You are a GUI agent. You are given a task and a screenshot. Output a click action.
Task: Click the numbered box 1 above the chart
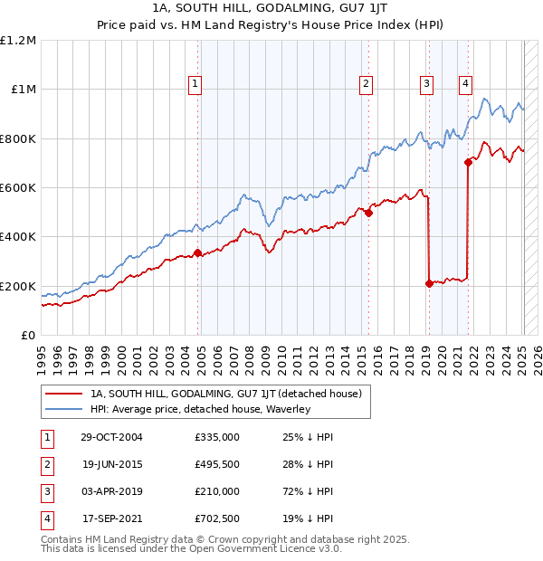tap(195, 84)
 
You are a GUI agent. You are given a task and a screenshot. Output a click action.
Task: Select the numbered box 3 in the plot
tap(426, 84)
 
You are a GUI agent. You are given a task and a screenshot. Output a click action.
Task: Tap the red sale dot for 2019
tap(429, 283)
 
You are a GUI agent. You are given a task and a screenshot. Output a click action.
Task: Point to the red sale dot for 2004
tap(198, 253)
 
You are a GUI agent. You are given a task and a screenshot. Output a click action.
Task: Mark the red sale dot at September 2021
tap(469, 163)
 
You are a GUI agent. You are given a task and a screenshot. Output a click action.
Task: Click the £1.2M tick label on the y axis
tap(18, 41)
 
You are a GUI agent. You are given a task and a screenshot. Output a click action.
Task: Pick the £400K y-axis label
tap(18, 237)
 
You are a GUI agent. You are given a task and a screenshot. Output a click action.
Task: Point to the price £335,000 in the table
tap(217, 437)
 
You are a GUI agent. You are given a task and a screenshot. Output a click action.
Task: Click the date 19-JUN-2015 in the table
tap(111, 464)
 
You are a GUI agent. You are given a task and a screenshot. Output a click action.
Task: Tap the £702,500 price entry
tap(217, 519)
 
